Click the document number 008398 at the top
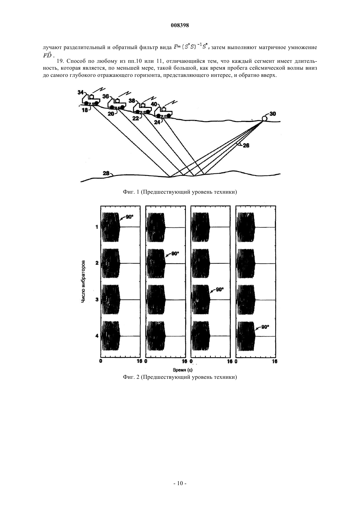tap(180, 26)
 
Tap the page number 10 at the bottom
tap(180, 483)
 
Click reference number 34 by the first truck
tap(81, 92)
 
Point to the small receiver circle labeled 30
tap(264, 118)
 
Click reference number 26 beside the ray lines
tap(246, 146)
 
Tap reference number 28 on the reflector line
tap(106, 173)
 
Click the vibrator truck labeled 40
tap(163, 112)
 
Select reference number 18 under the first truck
tap(85, 111)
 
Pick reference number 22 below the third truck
tap(136, 118)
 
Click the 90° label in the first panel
tap(129, 217)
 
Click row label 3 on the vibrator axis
tap(97, 300)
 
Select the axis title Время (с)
tap(183, 370)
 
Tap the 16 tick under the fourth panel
tap(275, 361)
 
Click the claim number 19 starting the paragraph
tap(60, 61)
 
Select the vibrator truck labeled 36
tap(117, 103)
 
